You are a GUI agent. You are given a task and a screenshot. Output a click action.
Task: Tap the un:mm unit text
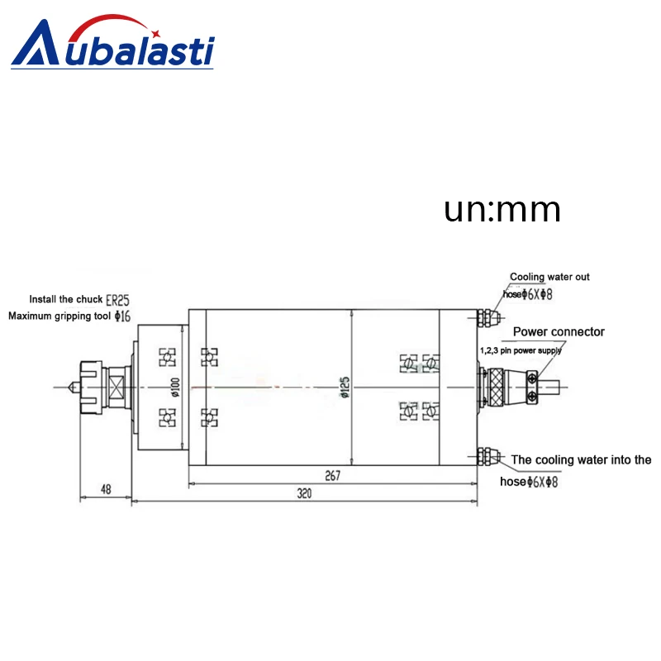pyautogui.click(x=502, y=210)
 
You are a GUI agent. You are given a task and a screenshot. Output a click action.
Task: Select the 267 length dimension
pyautogui.click(x=333, y=476)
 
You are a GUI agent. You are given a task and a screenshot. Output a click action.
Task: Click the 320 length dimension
pyautogui.click(x=304, y=493)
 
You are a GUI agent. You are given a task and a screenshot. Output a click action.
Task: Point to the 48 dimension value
pyautogui.click(x=106, y=489)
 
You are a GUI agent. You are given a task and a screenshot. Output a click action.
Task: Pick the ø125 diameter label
pyautogui.click(x=345, y=387)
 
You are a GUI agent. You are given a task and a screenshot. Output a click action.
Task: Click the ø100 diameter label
pyautogui.click(x=175, y=387)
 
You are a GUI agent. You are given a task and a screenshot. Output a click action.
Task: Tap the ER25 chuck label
pyautogui.click(x=117, y=300)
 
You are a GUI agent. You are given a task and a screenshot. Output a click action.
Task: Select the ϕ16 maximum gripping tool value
pyautogui.click(x=122, y=316)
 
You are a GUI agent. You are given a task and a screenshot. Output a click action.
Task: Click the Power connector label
pyautogui.click(x=559, y=332)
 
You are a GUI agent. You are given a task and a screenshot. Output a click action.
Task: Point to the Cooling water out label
pyautogui.click(x=549, y=277)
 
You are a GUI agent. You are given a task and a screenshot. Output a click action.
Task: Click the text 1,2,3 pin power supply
pyautogui.click(x=521, y=350)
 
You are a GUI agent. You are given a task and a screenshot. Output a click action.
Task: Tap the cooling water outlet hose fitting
pyautogui.click(x=489, y=317)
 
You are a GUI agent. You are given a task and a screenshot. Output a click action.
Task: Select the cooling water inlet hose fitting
pyautogui.click(x=489, y=457)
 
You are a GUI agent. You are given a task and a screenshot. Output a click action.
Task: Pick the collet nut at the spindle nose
pyautogui.click(x=92, y=387)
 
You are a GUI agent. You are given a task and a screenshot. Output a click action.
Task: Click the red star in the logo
pyautogui.click(x=155, y=33)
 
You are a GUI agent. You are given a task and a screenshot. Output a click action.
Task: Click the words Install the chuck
pyautogui.click(x=66, y=299)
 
